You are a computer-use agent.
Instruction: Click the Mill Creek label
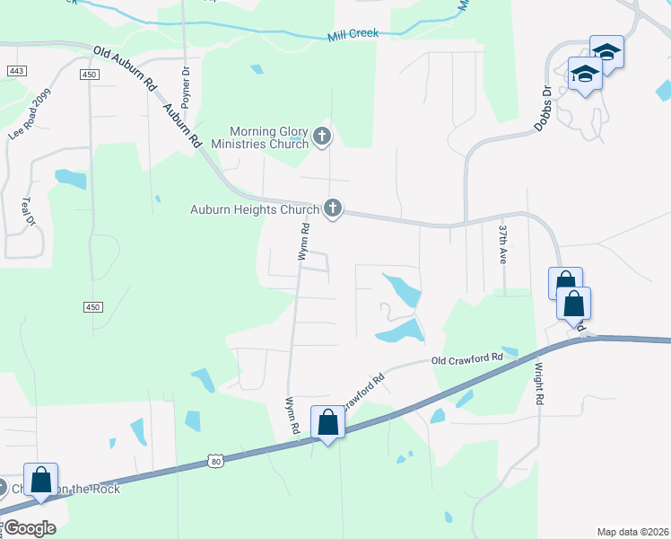(x=353, y=33)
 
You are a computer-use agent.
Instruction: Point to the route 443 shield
(x=15, y=70)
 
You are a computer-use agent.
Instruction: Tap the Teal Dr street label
(x=28, y=213)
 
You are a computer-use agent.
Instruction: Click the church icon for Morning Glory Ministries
(x=322, y=138)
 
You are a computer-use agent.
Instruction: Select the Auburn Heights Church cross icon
(x=333, y=209)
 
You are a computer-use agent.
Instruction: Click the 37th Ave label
(x=502, y=243)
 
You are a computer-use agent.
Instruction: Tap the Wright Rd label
(x=540, y=383)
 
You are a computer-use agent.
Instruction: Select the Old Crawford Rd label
(x=466, y=358)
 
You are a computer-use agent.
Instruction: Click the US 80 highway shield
(x=214, y=460)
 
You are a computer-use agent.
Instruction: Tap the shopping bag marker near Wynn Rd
(x=327, y=421)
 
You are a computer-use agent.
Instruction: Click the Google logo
(x=29, y=528)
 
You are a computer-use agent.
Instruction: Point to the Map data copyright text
(x=632, y=531)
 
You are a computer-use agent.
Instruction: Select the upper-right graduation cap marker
(x=606, y=51)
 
